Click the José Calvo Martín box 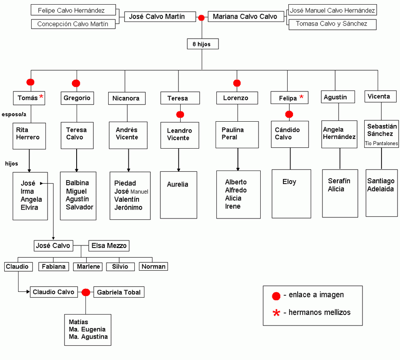[160, 16]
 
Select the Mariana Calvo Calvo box [246, 16]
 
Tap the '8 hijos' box [203, 44]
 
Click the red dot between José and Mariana [201, 18]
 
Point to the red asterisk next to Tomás [41, 97]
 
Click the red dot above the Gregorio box [76, 83]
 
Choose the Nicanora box [127, 98]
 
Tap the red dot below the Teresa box [180, 114]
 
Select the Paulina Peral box [237, 135]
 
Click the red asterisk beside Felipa [301, 97]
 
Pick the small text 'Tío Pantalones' [381, 144]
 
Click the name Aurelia [178, 184]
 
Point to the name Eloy [289, 182]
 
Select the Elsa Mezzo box [109, 246]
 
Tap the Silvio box [120, 267]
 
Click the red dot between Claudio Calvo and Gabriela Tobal [86, 292]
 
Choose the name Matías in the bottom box [78, 322]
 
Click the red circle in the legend [276, 296]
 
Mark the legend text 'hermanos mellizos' [320, 312]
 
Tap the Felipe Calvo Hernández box [73, 10]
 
